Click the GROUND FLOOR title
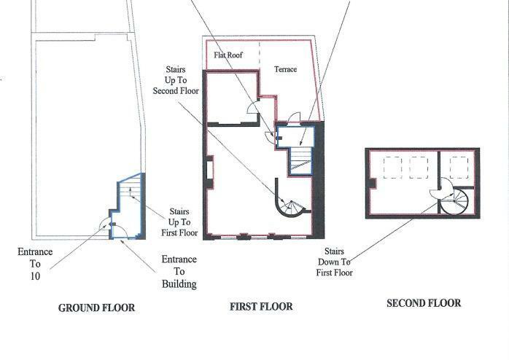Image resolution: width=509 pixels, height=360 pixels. point(96,308)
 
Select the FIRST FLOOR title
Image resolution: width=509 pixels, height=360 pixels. point(260,307)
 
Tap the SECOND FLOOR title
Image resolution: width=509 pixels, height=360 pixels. point(424,303)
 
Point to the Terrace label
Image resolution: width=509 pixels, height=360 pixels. point(285,69)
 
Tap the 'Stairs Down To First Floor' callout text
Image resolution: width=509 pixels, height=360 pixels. point(335,262)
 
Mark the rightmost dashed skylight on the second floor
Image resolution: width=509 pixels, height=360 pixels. point(459,168)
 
